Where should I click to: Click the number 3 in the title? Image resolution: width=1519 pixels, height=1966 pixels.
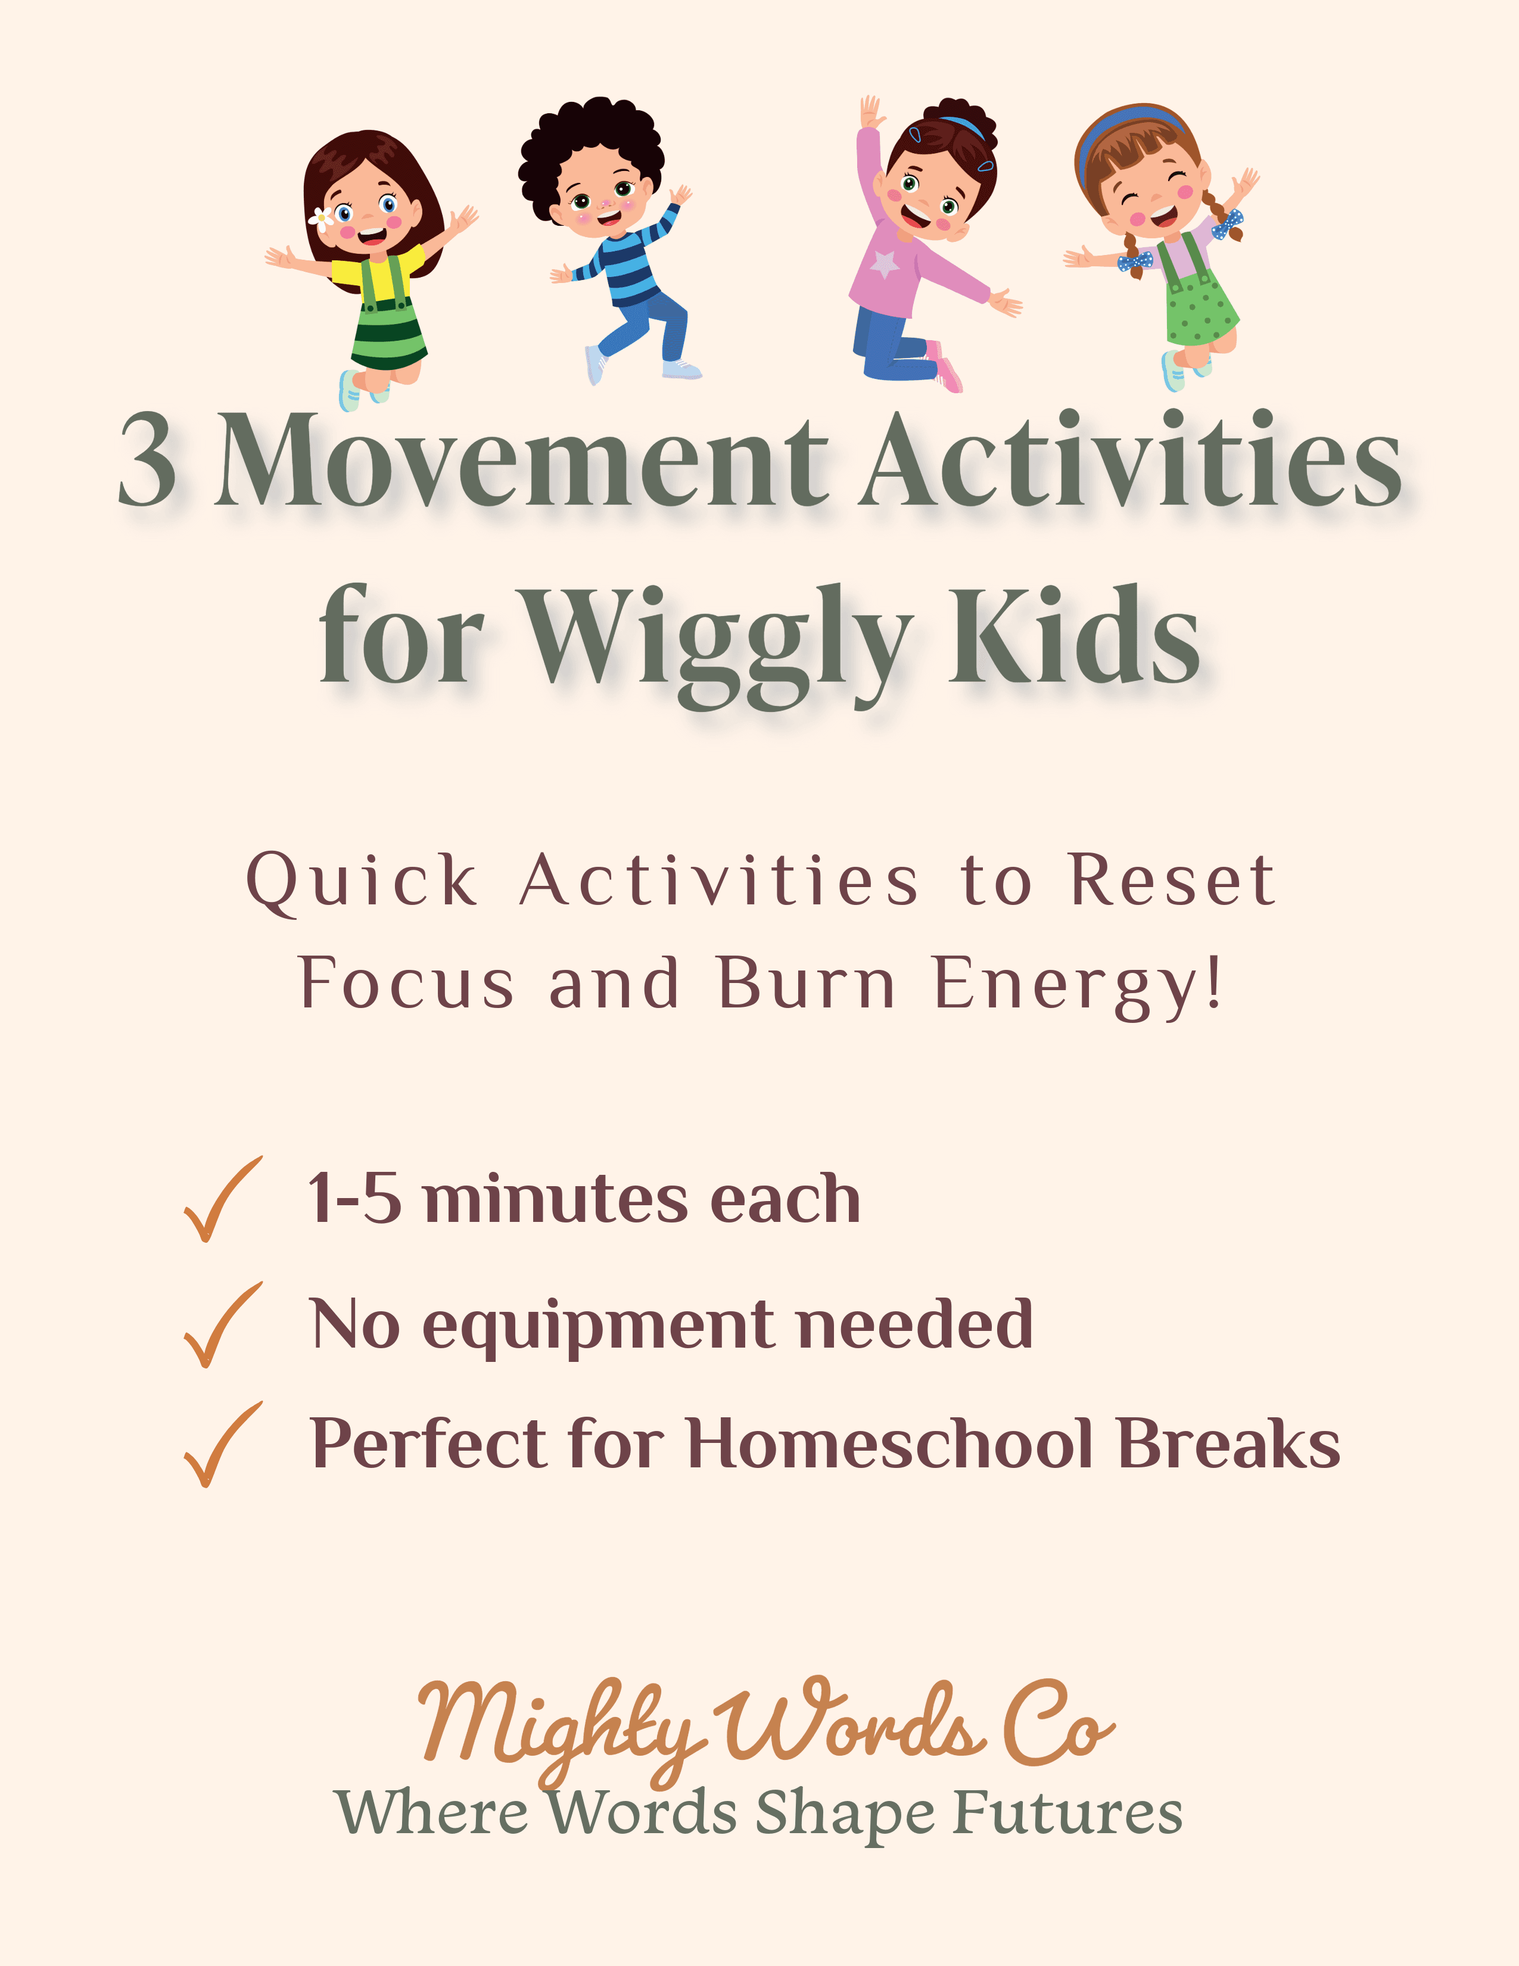(x=148, y=461)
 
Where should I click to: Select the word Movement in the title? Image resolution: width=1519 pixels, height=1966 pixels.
(x=520, y=461)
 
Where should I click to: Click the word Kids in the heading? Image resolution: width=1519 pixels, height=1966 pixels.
(x=1075, y=634)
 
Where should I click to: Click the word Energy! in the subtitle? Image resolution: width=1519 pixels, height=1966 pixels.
(x=1079, y=984)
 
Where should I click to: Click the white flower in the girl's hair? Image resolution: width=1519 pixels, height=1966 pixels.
(x=321, y=216)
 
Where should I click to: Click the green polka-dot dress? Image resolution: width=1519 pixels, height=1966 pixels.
(x=1201, y=310)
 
